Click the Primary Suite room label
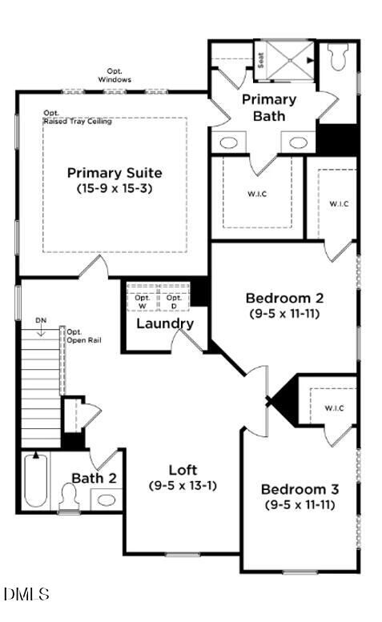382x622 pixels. coord(115,172)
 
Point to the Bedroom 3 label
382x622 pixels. coord(299,489)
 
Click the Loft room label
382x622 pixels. coord(183,469)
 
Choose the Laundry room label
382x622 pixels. coord(165,323)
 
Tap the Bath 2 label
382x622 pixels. coord(94,478)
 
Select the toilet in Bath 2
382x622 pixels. coord(68,496)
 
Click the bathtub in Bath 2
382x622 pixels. coord(34,480)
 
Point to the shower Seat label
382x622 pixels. coord(261,58)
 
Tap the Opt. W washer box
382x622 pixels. coord(143,301)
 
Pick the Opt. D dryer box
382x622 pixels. coord(174,301)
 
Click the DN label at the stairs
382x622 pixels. coord(41,322)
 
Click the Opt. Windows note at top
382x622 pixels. coord(115,75)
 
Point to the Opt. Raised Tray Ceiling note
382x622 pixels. coord(77,118)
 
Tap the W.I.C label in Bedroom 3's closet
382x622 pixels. coord(335,407)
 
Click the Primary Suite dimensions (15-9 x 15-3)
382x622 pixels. coord(115,189)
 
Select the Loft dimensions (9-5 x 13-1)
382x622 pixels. coord(183,485)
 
